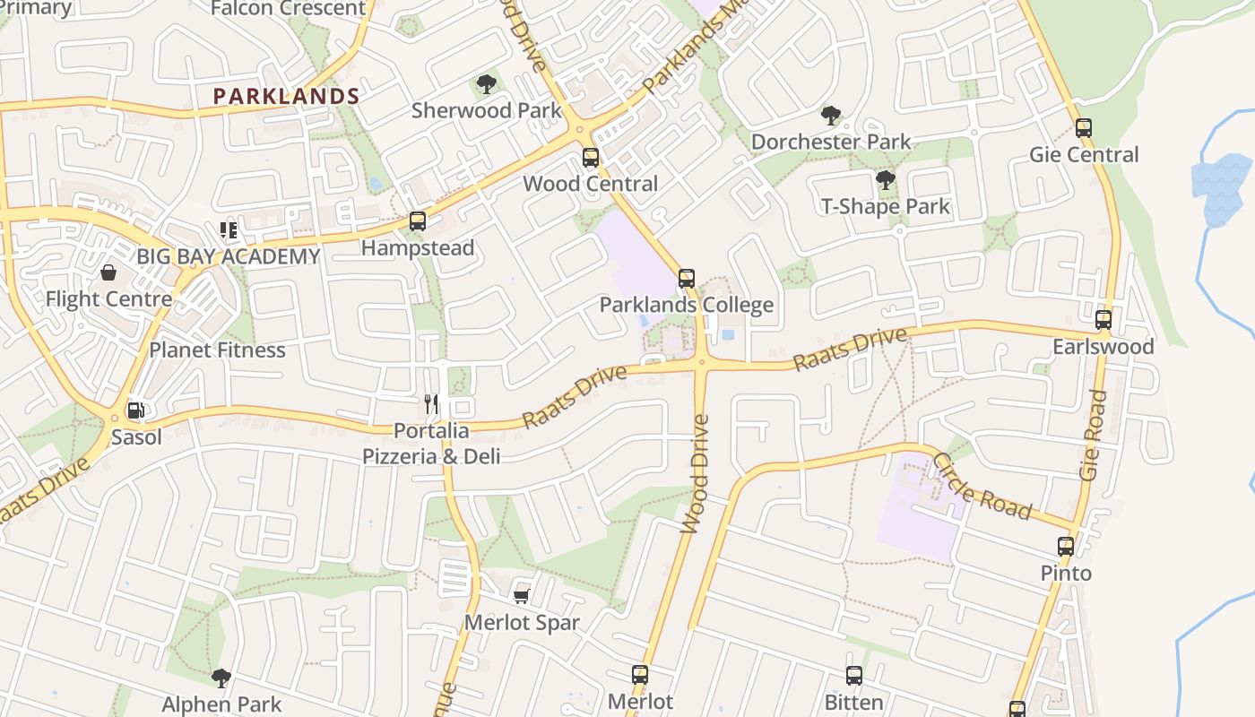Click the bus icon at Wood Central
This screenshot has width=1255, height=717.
click(x=590, y=158)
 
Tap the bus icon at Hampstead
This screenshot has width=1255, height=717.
click(x=417, y=221)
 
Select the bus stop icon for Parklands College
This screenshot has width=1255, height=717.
click(x=686, y=279)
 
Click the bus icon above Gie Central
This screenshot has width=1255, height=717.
click(x=1083, y=128)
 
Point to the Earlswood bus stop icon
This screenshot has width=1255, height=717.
click(x=1103, y=320)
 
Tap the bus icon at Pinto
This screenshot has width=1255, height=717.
click(x=1065, y=547)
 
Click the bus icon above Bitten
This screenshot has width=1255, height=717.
click(x=853, y=676)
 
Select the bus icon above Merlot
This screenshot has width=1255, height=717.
click(x=639, y=675)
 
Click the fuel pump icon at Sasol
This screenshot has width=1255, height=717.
click(x=135, y=411)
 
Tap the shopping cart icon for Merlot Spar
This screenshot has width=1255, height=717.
click(x=521, y=596)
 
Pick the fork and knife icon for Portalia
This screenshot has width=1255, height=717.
click(x=432, y=404)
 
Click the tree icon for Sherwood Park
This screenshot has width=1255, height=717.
click(x=486, y=85)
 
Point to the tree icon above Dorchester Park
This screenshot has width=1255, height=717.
click(x=830, y=116)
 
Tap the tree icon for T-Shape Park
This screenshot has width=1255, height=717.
click(x=885, y=180)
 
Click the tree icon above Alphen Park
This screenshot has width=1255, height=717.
click(x=221, y=678)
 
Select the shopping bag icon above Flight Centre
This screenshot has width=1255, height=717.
click(x=108, y=272)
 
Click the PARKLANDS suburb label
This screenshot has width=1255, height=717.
click(x=286, y=97)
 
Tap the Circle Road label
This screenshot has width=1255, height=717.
click(x=982, y=486)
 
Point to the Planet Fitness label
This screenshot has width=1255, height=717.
click(x=217, y=350)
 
